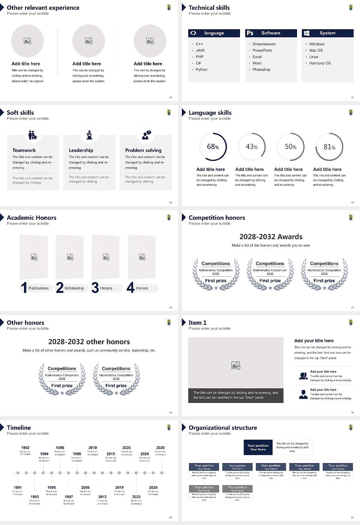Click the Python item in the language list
click(201, 70)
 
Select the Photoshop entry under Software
click(261, 70)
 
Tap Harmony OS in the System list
click(320, 63)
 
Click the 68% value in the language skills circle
click(213, 147)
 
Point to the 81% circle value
click(329, 147)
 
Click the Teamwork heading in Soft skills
click(24, 150)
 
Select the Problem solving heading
click(143, 150)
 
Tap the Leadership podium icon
click(89, 135)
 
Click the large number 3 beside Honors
click(95, 288)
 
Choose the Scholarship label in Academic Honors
click(74, 288)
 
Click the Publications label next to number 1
click(39, 288)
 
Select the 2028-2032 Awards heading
click(271, 237)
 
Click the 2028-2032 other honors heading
click(89, 342)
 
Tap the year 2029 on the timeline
click(160, 448)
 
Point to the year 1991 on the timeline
click(18, 487)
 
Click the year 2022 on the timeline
click(136, 497)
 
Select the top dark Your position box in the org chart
click(258, 447)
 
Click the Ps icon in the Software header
click(250, 33)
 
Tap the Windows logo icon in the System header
click(306, 33)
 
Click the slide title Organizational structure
click(223, 428)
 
